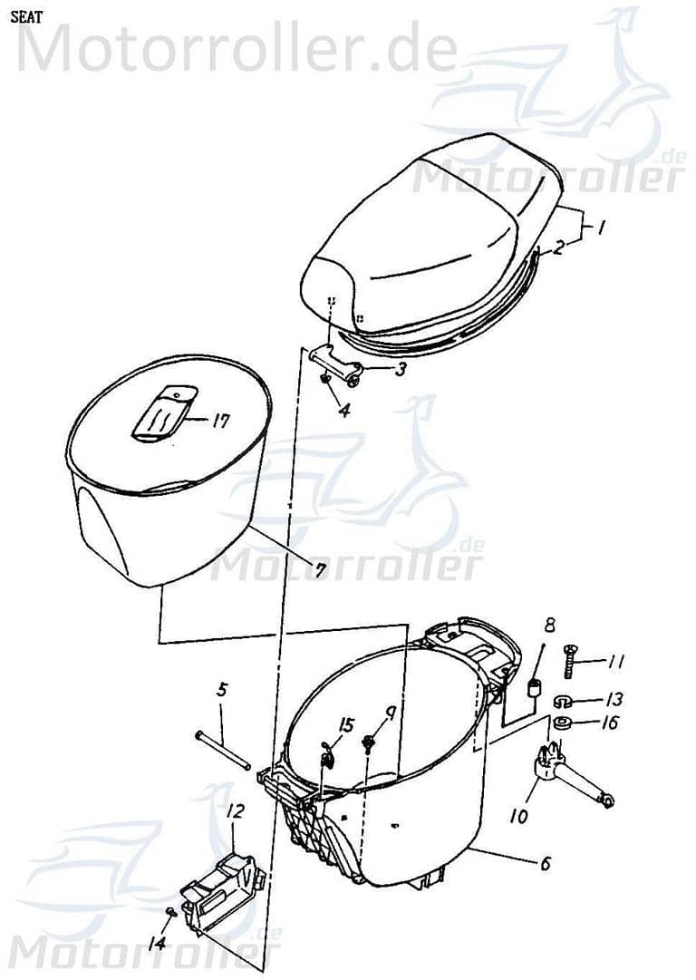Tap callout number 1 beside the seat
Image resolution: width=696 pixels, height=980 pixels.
(599, 228)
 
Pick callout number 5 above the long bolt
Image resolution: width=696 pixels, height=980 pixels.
(222, 691)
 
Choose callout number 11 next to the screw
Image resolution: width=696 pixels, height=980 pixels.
(617, 663)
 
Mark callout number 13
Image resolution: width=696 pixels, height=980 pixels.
(615, 700)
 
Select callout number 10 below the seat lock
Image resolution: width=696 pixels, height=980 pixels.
(518, 815)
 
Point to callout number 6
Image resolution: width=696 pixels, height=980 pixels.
(545, 864)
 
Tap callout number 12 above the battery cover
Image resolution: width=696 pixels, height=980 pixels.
(235, 812)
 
